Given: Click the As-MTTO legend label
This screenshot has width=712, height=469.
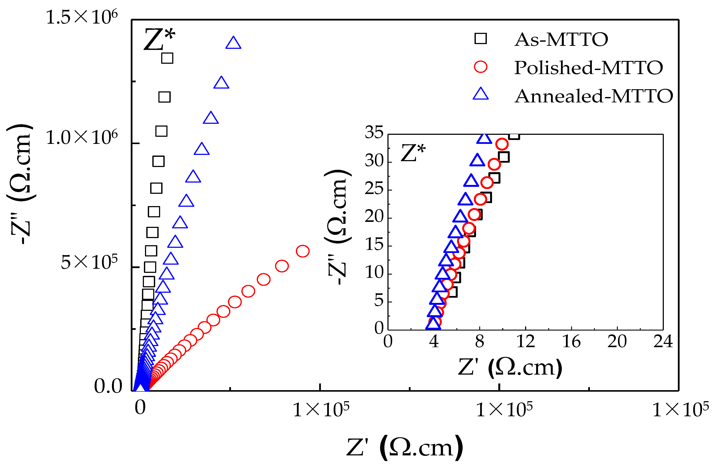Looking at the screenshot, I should pos(561,40).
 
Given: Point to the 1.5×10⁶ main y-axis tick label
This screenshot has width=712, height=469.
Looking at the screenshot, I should pos(82,17).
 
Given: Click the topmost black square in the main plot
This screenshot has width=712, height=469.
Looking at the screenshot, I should pos(167,58).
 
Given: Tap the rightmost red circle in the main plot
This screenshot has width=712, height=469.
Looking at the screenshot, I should pos(303,251).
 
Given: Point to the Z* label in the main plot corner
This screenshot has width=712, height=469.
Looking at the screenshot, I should pos(159,39).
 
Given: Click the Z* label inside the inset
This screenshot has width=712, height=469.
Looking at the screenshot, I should pos(413,153).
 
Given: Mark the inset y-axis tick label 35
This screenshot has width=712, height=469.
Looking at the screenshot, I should pos(374,132).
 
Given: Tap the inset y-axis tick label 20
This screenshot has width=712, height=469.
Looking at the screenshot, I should pos(374,216).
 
